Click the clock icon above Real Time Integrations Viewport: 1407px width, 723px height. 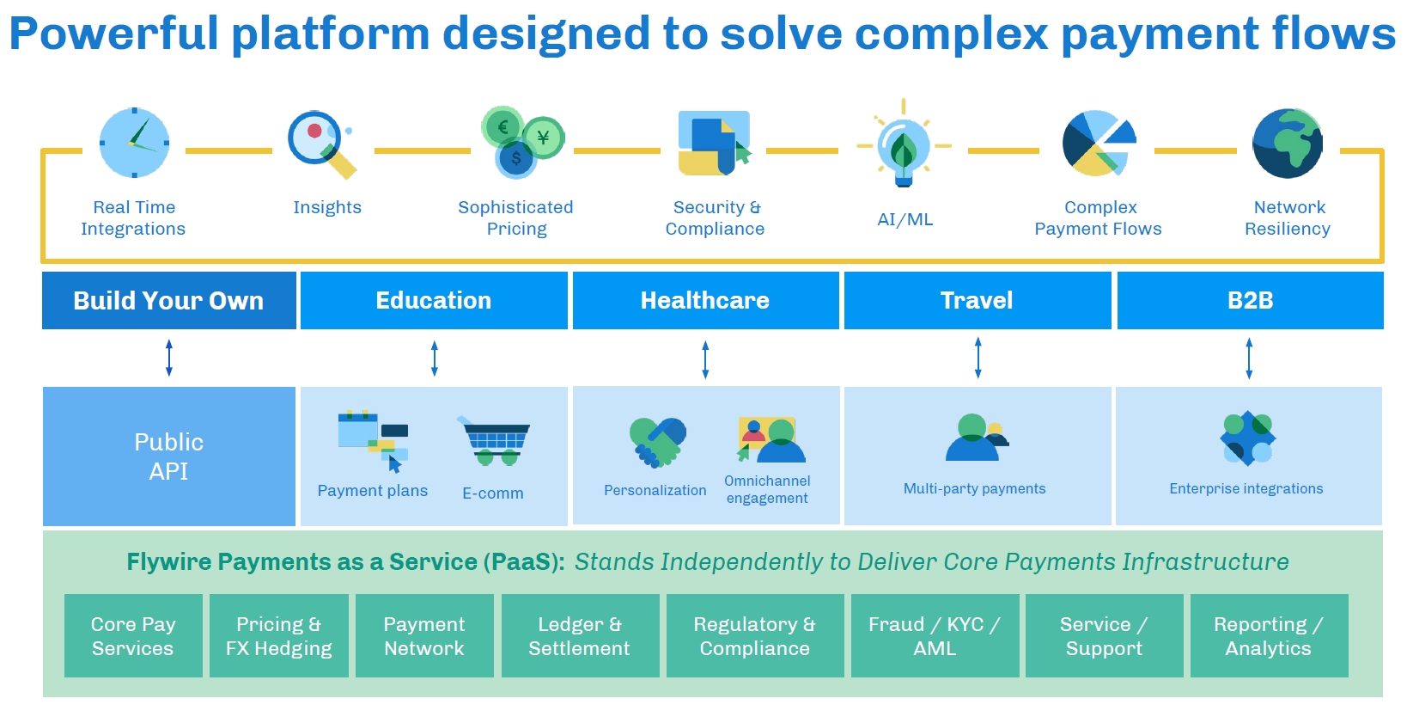tap(134, 143)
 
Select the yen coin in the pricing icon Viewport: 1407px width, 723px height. tap(543, 138)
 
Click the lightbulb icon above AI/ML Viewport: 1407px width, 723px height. tap(903, 146)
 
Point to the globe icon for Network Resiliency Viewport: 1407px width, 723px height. tap(1287, 143)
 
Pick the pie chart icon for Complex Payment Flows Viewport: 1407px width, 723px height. tap(1098, 143)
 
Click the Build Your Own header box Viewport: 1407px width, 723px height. tap(168, 300)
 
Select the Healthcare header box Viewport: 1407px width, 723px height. tap(705, 300)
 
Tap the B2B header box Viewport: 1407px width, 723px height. tap(1250, 300)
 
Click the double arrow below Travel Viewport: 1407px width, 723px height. tap(978, 358)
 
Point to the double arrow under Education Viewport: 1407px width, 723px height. tap(435, 358)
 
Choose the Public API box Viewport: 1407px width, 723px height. tap(169, 456)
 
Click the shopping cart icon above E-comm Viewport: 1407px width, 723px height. tap(495, 441)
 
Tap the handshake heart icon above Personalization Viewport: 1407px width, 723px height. tap(658, 442)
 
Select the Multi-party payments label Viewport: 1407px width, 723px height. tap(974, 488)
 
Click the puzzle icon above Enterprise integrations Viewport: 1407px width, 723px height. tap(1248, 438)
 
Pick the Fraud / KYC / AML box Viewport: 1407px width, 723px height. tap(935, 636)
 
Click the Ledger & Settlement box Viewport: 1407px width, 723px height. tap(580, 636)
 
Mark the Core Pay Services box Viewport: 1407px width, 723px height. tap(133, 636)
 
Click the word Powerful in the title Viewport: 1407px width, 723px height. tap(113, 34)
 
